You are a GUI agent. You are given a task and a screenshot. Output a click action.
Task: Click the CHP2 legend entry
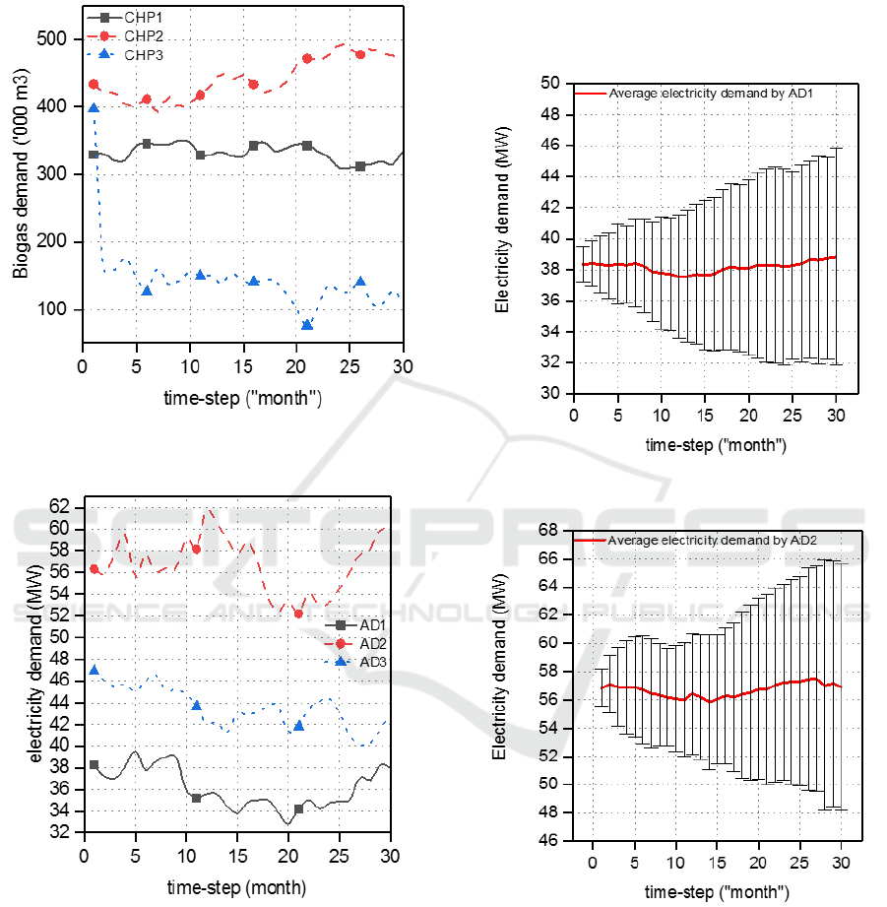pyautogui.click(x=134, y=36)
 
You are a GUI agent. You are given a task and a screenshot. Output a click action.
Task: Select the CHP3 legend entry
pyautogui.click(x=134, y=55)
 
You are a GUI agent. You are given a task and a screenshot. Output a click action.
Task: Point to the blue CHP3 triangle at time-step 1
pyautogui.click(x=94, y=108)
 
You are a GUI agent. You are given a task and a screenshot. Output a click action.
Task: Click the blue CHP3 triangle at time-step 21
pyautogui.click(x=307, y=324)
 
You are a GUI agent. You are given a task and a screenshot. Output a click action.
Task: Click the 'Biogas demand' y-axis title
pyautogui.click(x=22, y=172)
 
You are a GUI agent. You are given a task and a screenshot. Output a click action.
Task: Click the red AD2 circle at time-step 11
pyautogui.click(x=196, y=549)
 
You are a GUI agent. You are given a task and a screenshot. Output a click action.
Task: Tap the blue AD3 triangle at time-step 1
pyautogui.click(x=94, y=670)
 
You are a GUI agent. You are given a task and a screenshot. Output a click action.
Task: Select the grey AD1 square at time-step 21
pyautogui.click(x=298, y=809)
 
